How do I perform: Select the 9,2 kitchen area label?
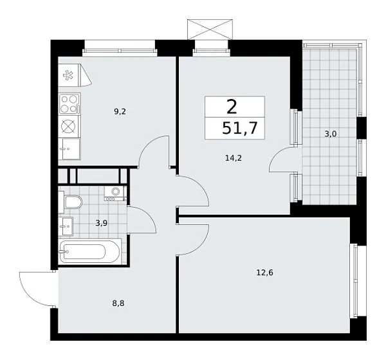(x=120, y=111)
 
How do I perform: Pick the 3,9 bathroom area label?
(x=102, y=223)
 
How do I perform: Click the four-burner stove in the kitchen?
(x=69, y=103)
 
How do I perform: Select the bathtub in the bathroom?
(x=90, y=251)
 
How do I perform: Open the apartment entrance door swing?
(x=35, y=287)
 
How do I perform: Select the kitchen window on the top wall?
(x=120, y=45)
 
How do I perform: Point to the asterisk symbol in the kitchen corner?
(x=68, y=75)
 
